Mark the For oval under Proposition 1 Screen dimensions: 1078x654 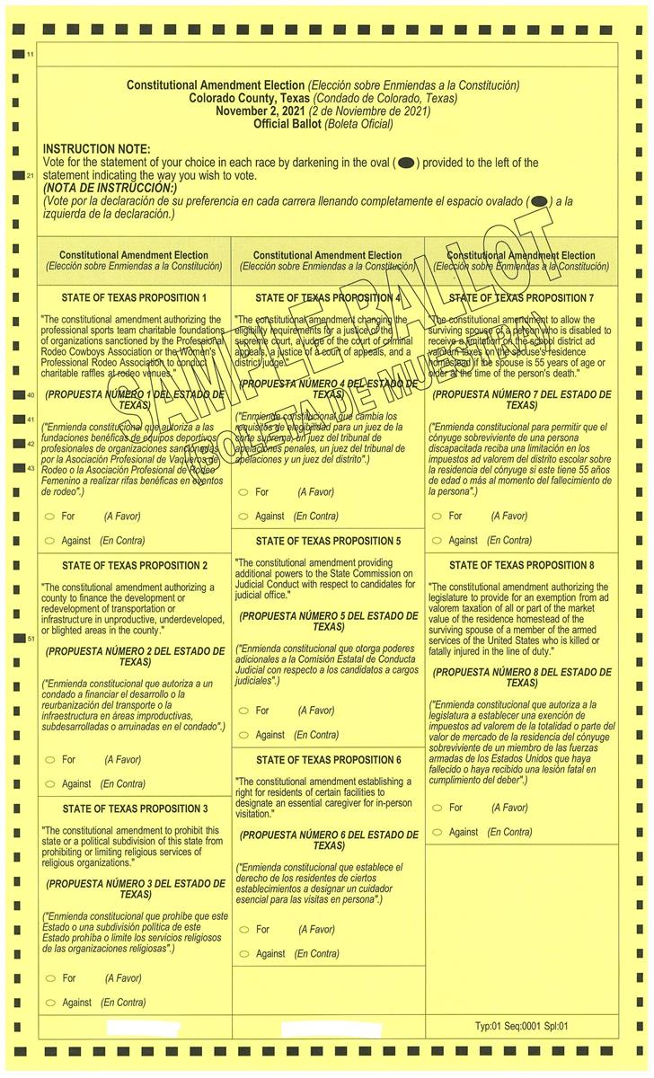click(x=49, y=517)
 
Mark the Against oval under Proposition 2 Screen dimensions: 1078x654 click(x=49, y=784)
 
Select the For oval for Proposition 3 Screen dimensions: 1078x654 click(x=49, y=978)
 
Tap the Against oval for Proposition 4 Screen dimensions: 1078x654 click(x=243, y=517)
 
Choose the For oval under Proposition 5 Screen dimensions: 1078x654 click(x=243, y=711)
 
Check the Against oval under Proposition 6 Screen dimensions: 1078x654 click(x=243, y=954)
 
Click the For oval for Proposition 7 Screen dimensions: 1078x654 click(x=437, y=517)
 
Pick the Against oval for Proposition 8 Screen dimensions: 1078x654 click(x=437, y=832)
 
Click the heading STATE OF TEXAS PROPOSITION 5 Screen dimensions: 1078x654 click(x=328, y=542)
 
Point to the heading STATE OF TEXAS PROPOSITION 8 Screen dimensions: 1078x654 click(x=522, y=566)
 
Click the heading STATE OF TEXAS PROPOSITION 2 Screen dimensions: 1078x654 click(x=135, y=566)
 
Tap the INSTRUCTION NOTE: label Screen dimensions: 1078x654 click(x=97, y=149)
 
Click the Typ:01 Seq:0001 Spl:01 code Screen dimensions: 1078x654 click(x=522, y=1026)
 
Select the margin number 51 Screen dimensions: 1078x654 click(x=30, y=639)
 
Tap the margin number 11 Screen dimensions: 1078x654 click(x=30, y=56)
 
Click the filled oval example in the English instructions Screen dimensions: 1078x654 click(x=405, y=163)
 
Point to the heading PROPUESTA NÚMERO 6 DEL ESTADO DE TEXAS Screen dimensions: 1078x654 click(x=328, y=840)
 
